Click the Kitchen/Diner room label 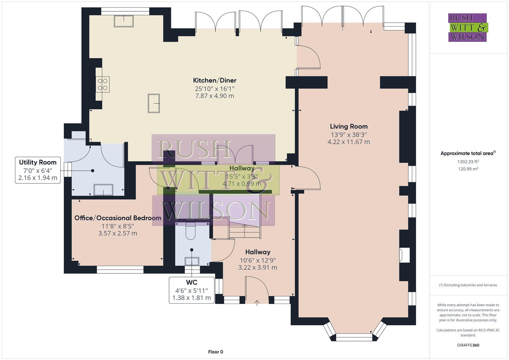215,80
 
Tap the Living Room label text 349,126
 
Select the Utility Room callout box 38,170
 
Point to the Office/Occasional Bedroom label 118,218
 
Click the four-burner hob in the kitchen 103,84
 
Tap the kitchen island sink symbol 154,103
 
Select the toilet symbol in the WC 191,232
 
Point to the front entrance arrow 257,303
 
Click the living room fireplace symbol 404,255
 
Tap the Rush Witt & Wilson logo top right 467,27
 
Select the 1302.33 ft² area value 468,162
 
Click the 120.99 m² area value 468,169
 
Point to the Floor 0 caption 215,352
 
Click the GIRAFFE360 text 468,345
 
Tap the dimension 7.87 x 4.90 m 215,96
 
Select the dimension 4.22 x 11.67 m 349,142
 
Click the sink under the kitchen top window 124,21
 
